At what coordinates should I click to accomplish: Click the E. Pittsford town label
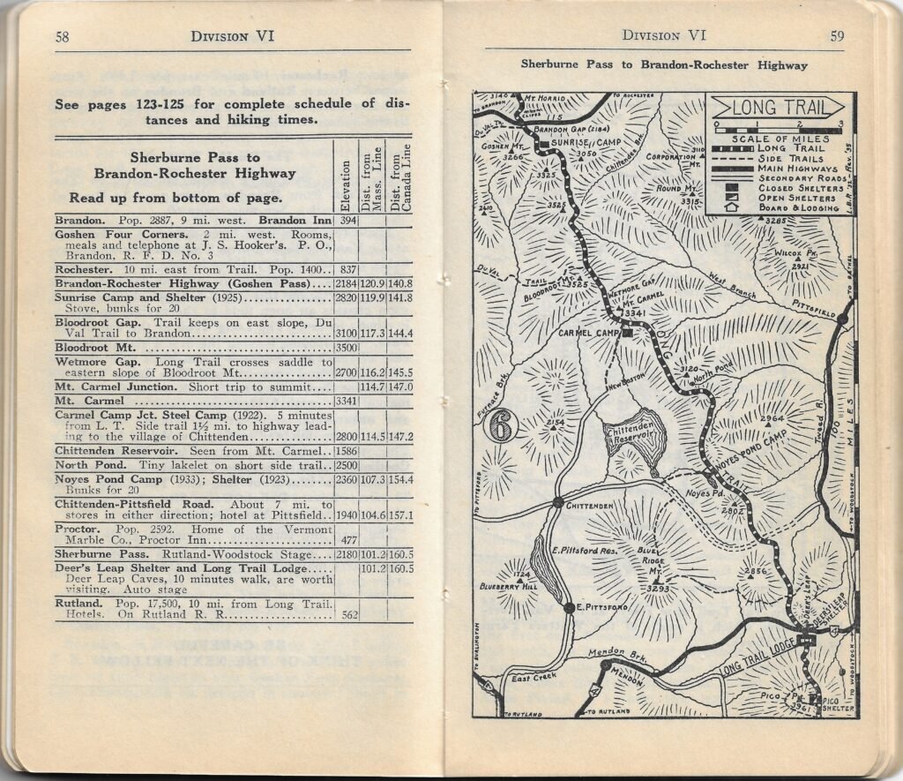click(x=604, y=608)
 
